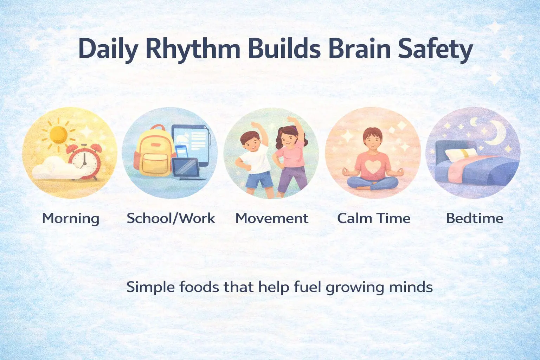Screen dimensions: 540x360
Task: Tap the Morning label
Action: [71, 219]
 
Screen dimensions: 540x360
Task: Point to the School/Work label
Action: [171, 218]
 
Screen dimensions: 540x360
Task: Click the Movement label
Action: [272, 218]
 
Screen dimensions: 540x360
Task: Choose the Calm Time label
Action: [374, 218]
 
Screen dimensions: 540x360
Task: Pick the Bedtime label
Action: [475, 218]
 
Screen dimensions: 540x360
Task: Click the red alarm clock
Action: [84, 162]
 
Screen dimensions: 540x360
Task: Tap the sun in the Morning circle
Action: [58, 135]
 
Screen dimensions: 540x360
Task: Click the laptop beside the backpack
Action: [187, 169]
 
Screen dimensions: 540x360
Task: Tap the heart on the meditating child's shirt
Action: [373, 166]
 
